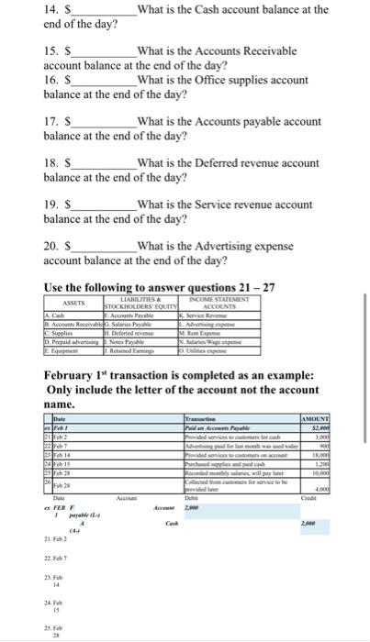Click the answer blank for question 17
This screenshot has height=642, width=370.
(x=106, y=120)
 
